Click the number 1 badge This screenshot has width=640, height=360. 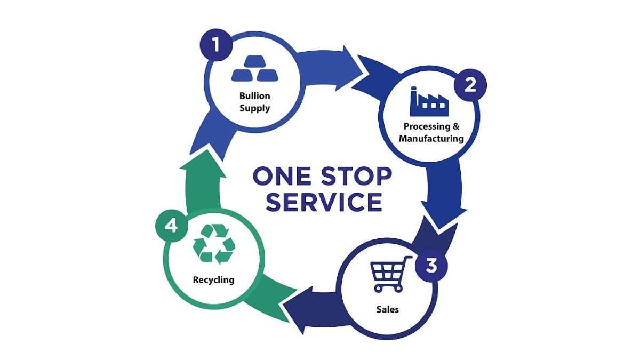pyautogui.click(x=216, y=45)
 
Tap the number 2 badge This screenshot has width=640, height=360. pyautogui.click(x=470, y=85)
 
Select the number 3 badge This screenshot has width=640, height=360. pyautogui.click(x=431, y=265)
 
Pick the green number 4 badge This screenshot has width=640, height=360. pyautogui.click(x=171, y=226)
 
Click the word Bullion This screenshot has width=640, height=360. pyautogui.click(x=254, y=96)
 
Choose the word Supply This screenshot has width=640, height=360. pyautogui.click(x=254, y=108)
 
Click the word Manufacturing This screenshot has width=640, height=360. pyautogui.click(x=431, y=139)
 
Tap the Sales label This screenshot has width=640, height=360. pyautogui.click(x=388, y=309)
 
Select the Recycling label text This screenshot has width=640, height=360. pyautogui.click(x=213, y=279)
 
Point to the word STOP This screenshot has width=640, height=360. pyautogui.click(x=359, y=176)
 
